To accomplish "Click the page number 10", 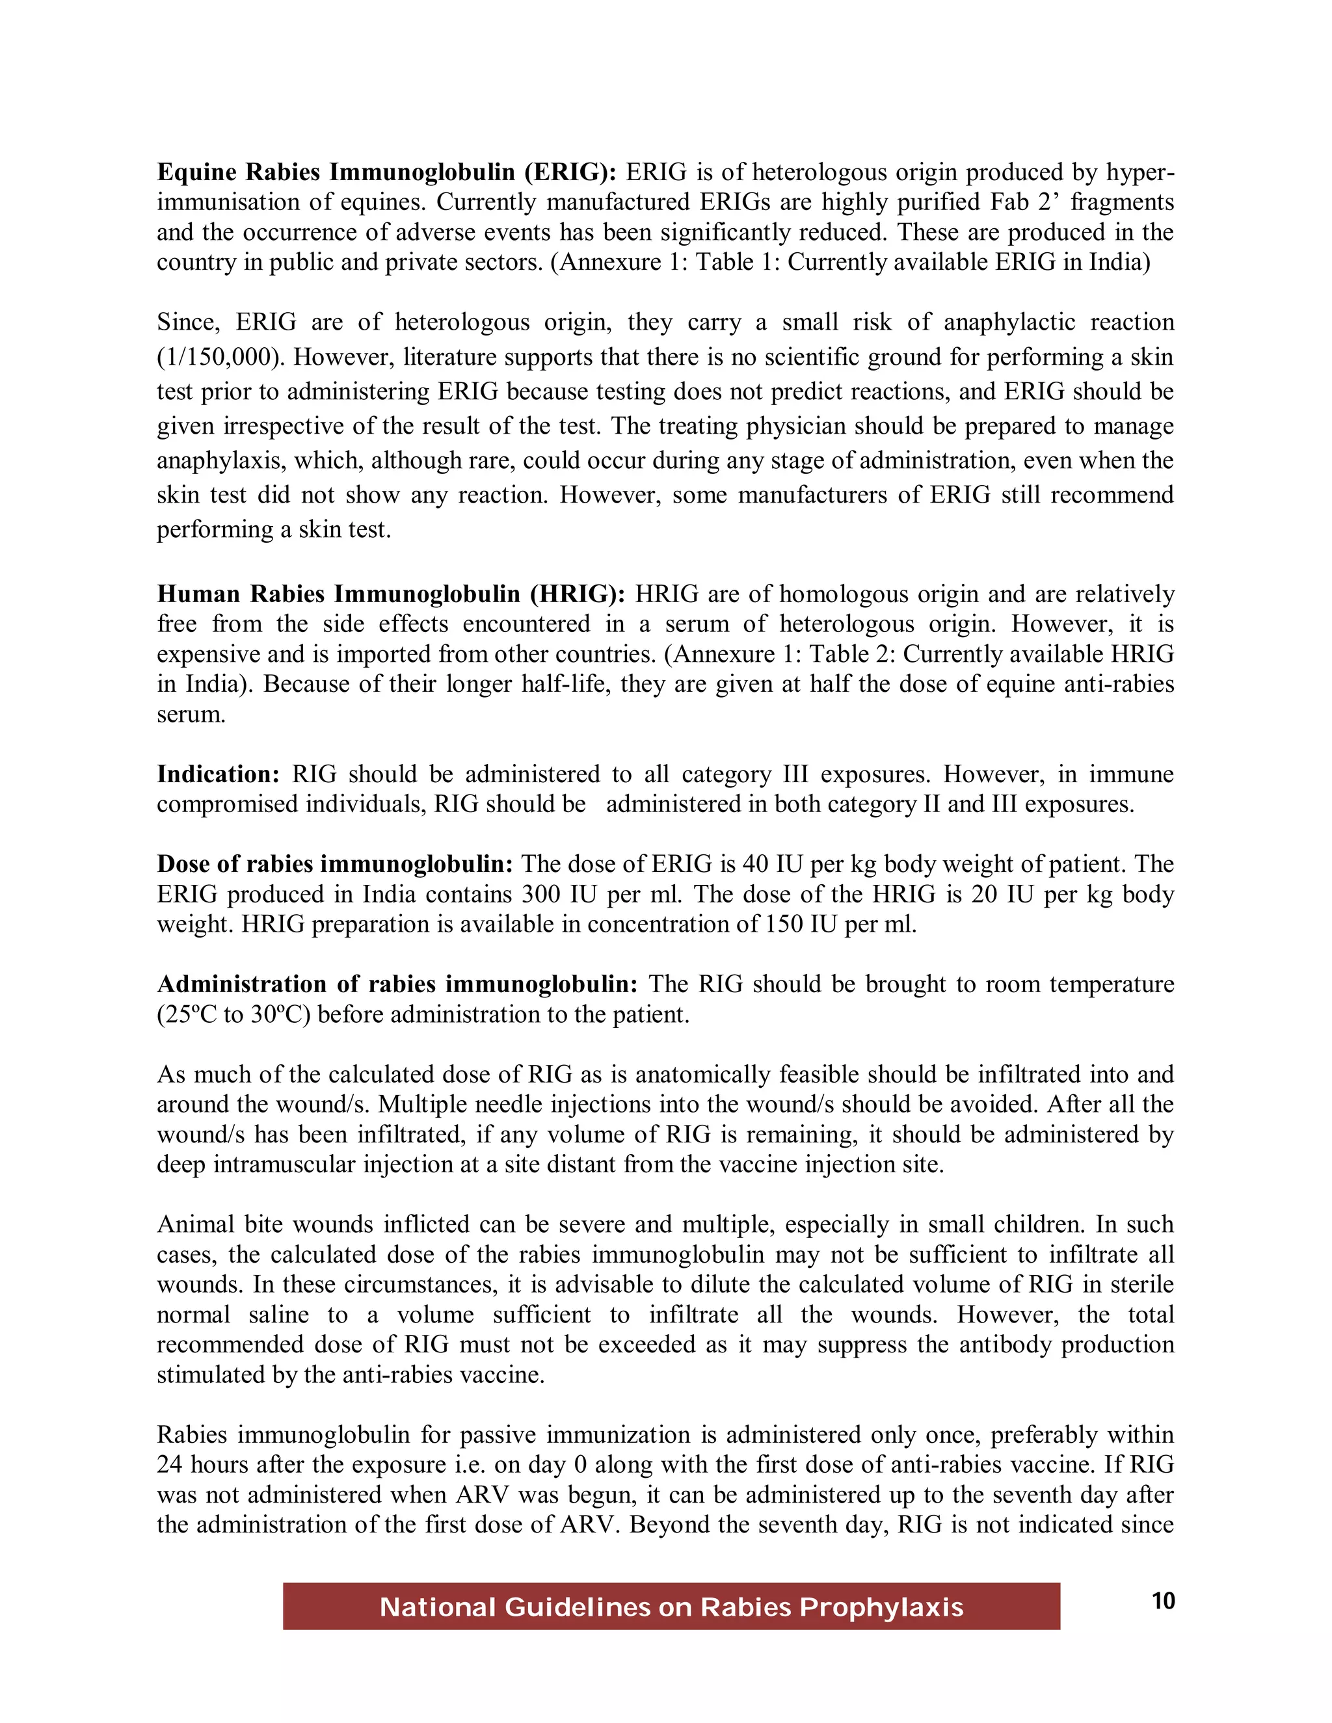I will point(1163,1601).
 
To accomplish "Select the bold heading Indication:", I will point(218,774).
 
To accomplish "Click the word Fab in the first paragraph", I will point(1010,202).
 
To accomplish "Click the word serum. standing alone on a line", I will point(191,715).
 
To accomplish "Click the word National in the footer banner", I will point(436,1607).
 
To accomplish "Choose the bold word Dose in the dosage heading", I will point(184,865).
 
